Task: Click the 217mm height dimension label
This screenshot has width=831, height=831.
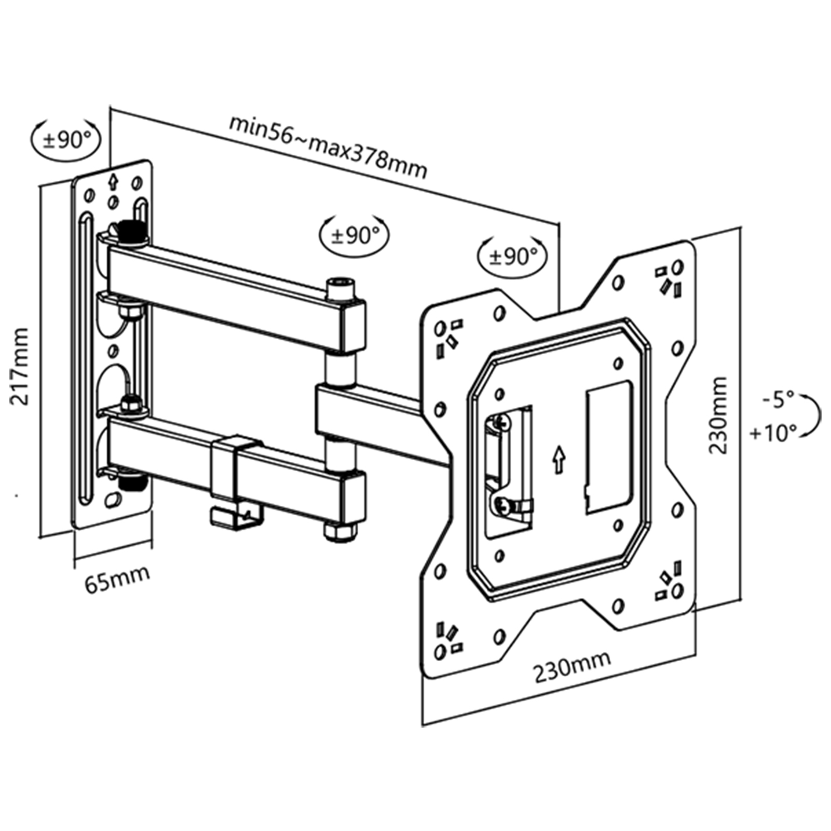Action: point(20,366)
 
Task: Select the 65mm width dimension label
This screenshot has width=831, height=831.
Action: point(117,578)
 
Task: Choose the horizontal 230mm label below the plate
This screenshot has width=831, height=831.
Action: point(572,666)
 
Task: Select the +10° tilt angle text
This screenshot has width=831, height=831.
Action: point(773,432)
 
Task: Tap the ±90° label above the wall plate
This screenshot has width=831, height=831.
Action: point(65,139)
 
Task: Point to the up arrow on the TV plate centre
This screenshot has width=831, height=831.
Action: point(558,460)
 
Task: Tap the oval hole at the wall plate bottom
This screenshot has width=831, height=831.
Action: point(112,500)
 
